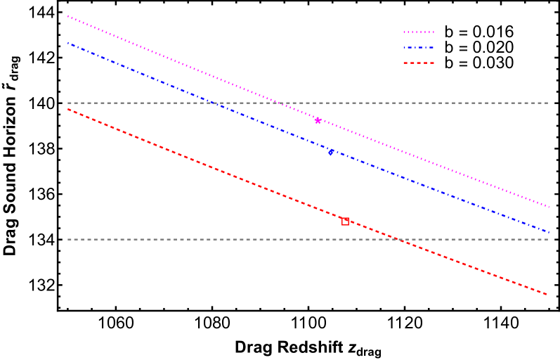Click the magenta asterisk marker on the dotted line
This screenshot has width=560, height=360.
tap(318, 120)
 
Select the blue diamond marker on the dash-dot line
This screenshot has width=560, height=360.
tap(330, 151)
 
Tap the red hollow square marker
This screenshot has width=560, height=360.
tap(345, 221)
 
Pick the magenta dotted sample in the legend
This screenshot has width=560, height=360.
tap(418, 32)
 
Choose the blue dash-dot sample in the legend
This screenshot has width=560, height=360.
tap(418, 48)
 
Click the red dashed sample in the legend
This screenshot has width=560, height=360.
tap(418, 63)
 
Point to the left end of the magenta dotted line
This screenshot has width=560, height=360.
tap(67, 15)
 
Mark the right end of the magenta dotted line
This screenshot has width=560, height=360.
tap(549, 207)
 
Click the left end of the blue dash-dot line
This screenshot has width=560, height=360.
tap(67, 43)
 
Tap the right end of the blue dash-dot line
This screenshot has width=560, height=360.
tap(549, 231)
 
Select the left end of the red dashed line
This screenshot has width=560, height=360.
tap(67, 109)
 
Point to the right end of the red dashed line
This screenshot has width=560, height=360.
tap(547, 295)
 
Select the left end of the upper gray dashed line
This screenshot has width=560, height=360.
tap(67, 103)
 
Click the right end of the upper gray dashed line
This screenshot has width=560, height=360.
tap(549, 103)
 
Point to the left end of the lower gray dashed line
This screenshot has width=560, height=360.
tap(67, 239)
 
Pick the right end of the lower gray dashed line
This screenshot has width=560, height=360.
tap(549, 239)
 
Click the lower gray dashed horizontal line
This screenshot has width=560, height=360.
tap(211, 239)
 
